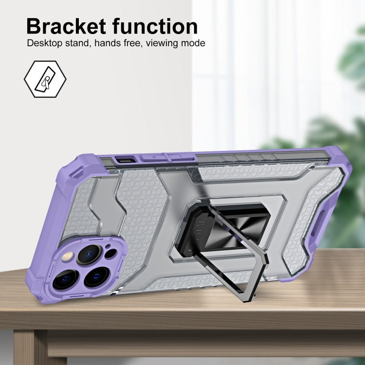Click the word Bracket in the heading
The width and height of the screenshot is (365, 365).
point(66,26)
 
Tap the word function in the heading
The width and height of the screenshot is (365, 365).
point(155,26)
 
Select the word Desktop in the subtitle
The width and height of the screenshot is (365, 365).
point(45,43)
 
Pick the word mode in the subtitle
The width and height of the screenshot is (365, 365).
point(193,43)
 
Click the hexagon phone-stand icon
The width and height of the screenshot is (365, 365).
point(45,79)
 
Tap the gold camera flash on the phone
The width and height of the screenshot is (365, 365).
point(68,257)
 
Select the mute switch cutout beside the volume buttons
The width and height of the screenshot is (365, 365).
point(126,160)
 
